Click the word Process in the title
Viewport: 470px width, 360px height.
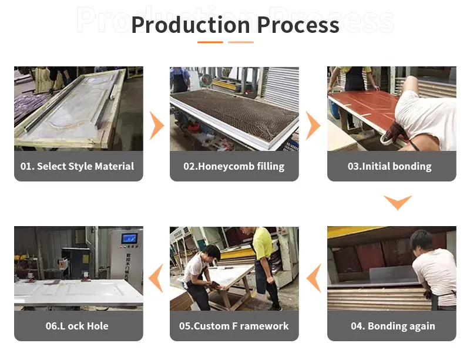pyautogui.click(x=298, y=25)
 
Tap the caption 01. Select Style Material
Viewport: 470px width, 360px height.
pyautogui.click(x=78, y=166)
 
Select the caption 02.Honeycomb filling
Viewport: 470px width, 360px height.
pyautogui.click(x=234, y=166)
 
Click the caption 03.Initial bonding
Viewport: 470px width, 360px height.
pyautogui.click(x=390, y=166)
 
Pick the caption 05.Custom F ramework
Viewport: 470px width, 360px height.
pyautogui.click(x=234, y=326)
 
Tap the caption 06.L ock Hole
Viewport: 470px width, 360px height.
pyautogui.click(x=78, y=326)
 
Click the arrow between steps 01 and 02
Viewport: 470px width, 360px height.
pyautogui.click(x=156, y=126)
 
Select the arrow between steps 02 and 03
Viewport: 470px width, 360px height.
pyautogui.click(x=313, y=126)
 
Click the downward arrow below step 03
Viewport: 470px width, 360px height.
pyautogui.click(x=398, y=203)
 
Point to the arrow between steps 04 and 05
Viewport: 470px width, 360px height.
pyautogui.click(x=314, y=278)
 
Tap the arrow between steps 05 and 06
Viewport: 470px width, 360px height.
pyautogui.click(x=156, y=278)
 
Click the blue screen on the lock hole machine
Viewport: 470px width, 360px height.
pyautogui.click(x=129, y=238)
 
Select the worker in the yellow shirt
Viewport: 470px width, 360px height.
pyautogui.click(x=263, y=247)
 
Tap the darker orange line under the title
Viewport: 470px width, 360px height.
pyautogui.click(x=210, y=42)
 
